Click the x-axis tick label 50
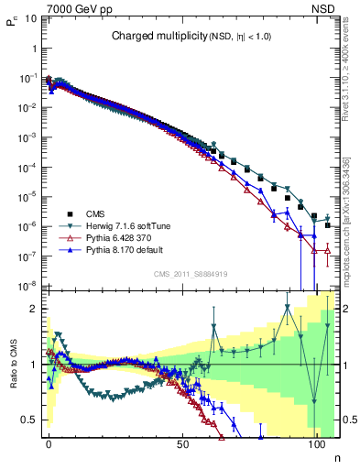184,442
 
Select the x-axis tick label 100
318,442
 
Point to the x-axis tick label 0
49,442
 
